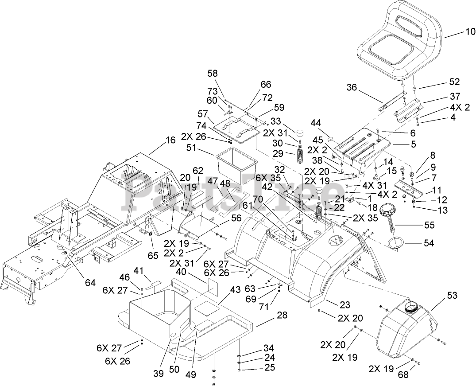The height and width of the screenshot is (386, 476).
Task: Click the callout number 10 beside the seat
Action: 458,31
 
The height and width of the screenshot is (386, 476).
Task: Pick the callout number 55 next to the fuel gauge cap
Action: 429,225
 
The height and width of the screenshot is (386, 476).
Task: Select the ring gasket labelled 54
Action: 396,243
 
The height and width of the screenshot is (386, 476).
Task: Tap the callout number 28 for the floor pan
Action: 282,315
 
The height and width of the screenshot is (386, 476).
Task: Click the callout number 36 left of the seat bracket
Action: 351,88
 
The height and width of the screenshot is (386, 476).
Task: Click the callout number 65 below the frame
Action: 153,256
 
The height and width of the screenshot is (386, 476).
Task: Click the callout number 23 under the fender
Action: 344,305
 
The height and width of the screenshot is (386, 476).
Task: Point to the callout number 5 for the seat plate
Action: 401,144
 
